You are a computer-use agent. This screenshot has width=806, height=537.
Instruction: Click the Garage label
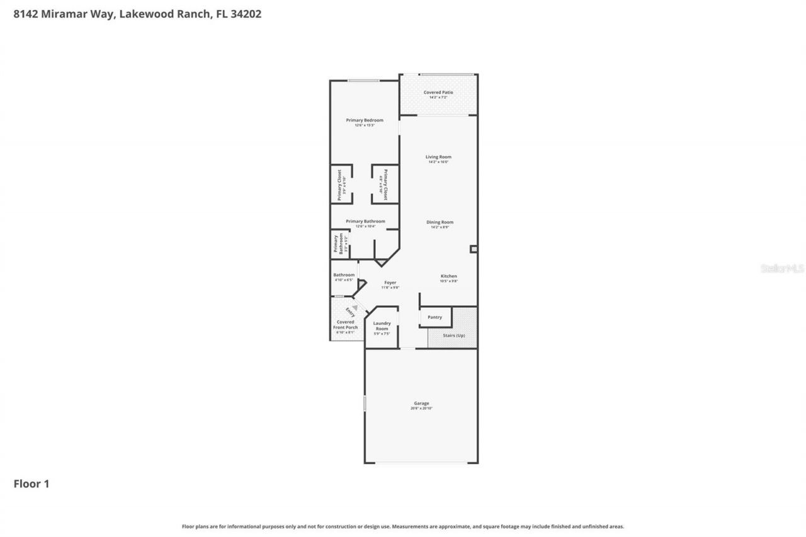(x=421, y=403)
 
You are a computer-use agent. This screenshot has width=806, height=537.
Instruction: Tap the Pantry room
(x=434, y=317)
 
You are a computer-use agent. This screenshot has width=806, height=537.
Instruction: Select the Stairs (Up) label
(x=453, y=335)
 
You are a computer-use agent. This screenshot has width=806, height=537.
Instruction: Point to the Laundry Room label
(x=382, y=326)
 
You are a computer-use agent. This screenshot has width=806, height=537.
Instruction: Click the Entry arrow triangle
(x=355, y=308)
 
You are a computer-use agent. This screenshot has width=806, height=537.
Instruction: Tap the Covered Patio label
(x=438, y=93)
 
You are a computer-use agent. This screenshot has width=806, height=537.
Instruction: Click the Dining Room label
(x=440, y=222)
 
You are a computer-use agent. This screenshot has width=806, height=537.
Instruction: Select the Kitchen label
(x=448, y=276)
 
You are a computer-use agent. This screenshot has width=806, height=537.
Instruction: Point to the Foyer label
(x=390, y=283)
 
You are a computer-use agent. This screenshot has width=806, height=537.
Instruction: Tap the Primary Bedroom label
(x=364, y=120)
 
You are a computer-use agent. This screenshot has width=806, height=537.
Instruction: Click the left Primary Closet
(x=341, y=184)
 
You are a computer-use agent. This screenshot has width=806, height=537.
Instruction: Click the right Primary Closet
(x=384, y=184)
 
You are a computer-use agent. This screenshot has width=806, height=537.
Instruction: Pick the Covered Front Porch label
(x=345, y=325)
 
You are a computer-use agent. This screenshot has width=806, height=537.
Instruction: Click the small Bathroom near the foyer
(x=344, y=277)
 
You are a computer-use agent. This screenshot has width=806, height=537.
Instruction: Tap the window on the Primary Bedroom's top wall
(x=364, y=80)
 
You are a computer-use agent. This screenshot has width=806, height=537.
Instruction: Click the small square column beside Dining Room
(x=473, y=249)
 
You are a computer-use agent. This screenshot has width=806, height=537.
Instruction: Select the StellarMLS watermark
(x=782, y=268)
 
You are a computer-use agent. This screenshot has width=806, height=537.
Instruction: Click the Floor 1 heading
(x=31, y=483)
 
